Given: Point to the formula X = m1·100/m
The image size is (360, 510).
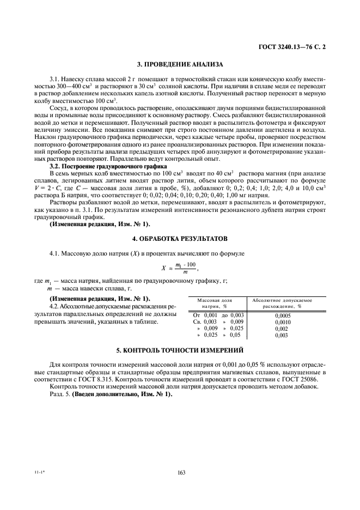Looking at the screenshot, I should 179,268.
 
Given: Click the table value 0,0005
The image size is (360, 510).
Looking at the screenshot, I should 282,315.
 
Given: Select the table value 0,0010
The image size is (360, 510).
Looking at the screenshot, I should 282,322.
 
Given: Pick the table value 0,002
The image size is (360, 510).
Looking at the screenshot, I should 282,329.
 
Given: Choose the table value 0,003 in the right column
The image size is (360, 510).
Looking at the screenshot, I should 282,336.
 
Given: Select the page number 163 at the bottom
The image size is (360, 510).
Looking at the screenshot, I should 181,473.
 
